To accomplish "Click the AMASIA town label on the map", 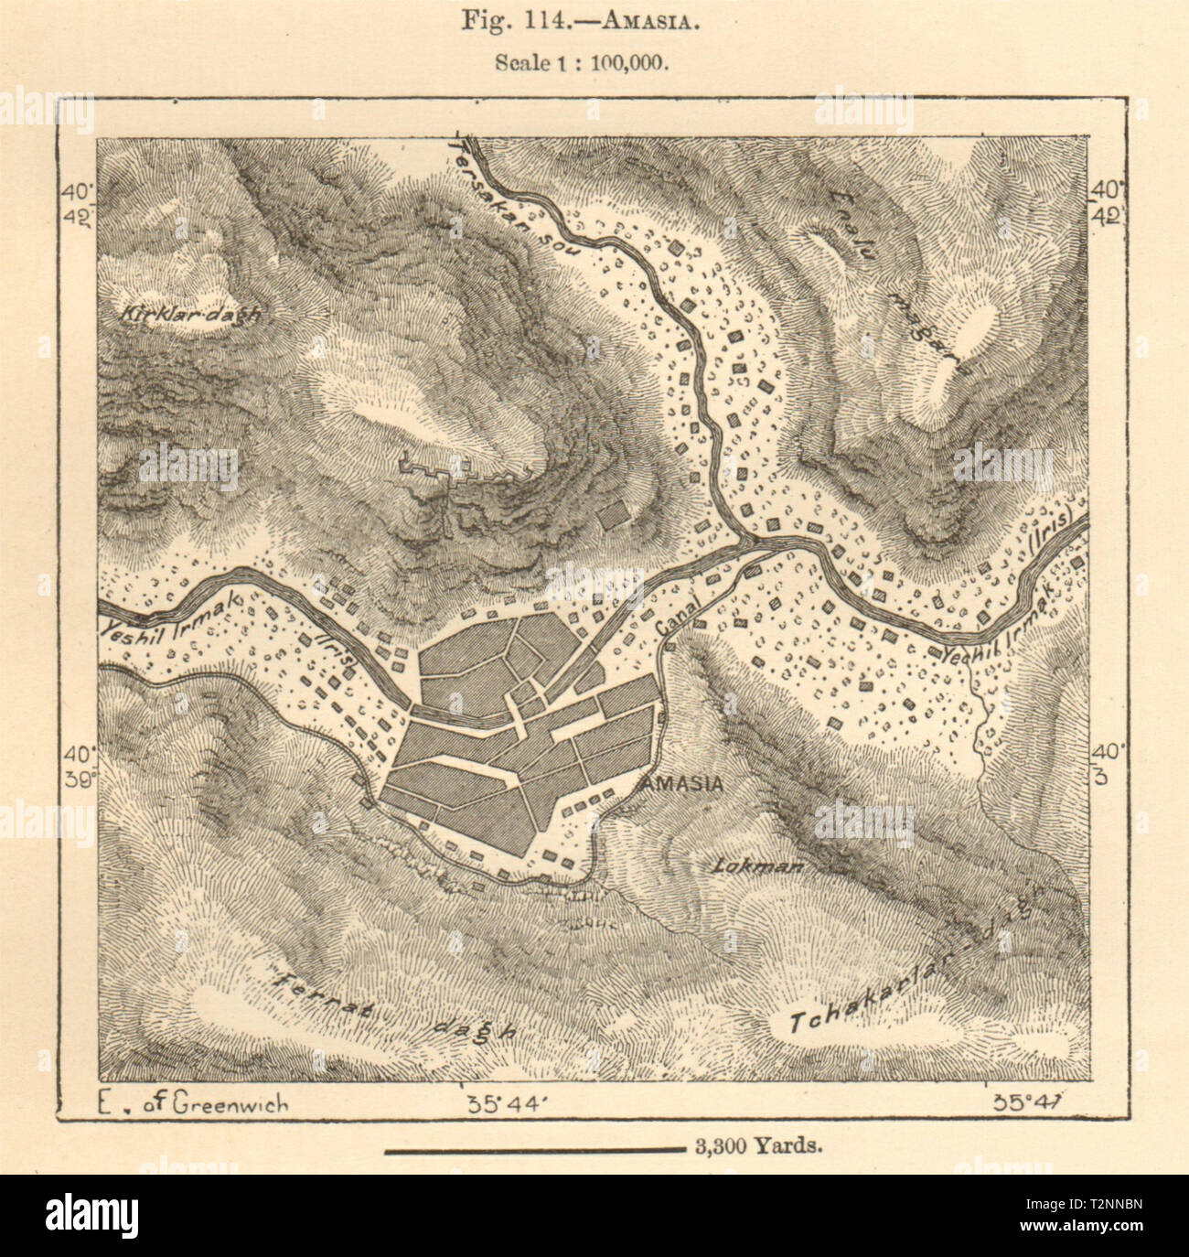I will (682, 784).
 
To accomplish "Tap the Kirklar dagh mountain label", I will (189, 313).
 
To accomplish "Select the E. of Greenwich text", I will (191, 1103).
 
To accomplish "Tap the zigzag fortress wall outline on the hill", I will (439, 472).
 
